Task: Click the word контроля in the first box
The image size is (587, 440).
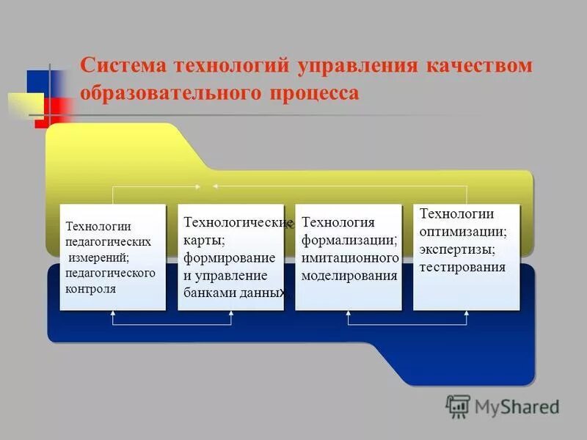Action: coord(91,288)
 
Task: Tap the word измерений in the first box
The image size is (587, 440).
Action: coord(98,257)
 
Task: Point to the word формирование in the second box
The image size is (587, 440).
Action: coord(229,258)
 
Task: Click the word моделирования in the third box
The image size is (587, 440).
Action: coord(349,276)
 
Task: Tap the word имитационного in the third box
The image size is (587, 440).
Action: coord(350,258)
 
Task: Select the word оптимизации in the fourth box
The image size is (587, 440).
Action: coord(462,231)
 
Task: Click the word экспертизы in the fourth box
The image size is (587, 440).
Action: coord(457,249)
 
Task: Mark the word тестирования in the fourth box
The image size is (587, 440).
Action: coord(462,267)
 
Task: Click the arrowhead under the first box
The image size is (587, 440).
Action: coord(113,313)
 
